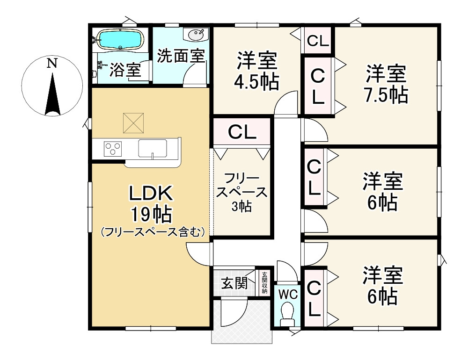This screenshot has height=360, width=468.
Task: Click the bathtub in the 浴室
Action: [x=120, y=40]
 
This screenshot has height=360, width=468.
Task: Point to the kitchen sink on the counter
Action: [x=153, y=149]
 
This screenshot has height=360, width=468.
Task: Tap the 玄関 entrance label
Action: [x=234, y=283]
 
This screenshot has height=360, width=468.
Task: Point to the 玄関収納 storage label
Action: [x=264, y=283]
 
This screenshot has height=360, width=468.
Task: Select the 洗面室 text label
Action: [x=180, y=56]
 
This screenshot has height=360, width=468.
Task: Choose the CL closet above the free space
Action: [x=242, y=132]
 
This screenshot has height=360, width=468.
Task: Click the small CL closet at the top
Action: [x=318, y=41]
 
